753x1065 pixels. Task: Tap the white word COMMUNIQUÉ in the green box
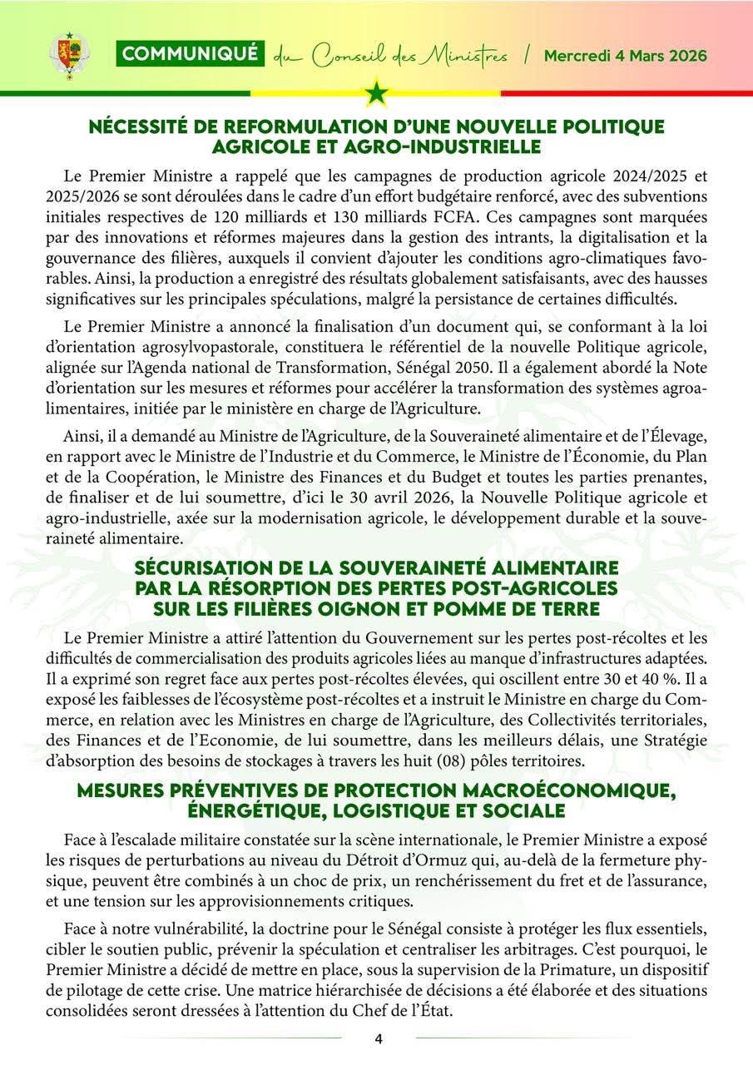click(190, 55)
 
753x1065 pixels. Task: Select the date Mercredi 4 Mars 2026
click(625, 56)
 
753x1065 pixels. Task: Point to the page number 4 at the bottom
click(378, 1038)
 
